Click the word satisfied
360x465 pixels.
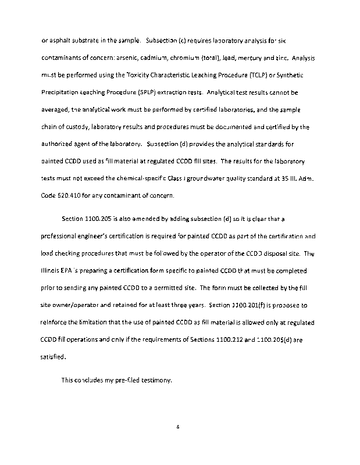pos(54,339)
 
